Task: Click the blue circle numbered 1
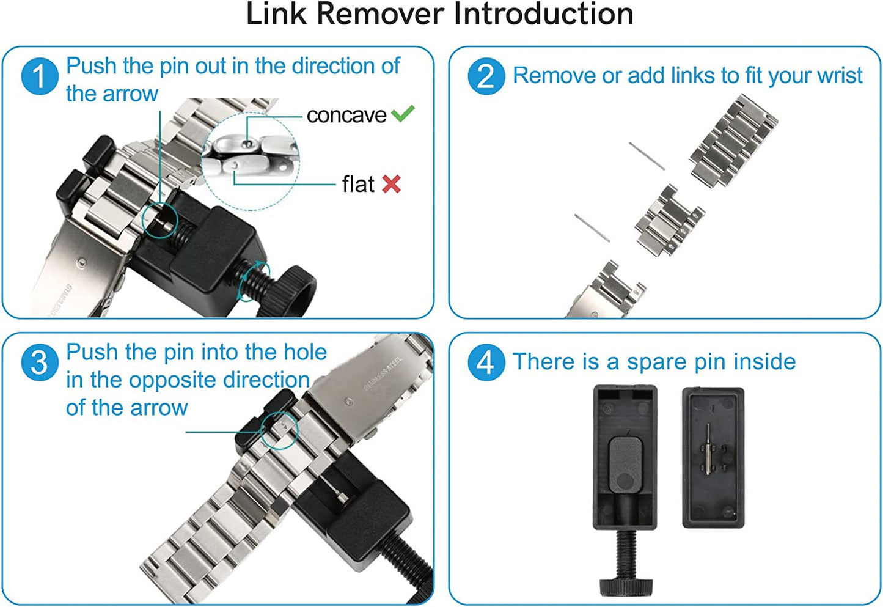coord(40,76)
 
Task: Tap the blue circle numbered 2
coord(486,76)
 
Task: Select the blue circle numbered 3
coord(40,362)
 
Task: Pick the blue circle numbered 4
coord(486,362)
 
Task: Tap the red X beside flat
coord(391,184)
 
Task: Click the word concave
coord(346,115)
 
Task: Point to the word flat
coord(358,184)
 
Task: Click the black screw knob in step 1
coord(294,290)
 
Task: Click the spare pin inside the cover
coord(708,450)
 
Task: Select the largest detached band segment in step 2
coord(733,141)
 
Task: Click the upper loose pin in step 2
coord(647,156)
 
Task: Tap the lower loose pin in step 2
coord(592,228)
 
